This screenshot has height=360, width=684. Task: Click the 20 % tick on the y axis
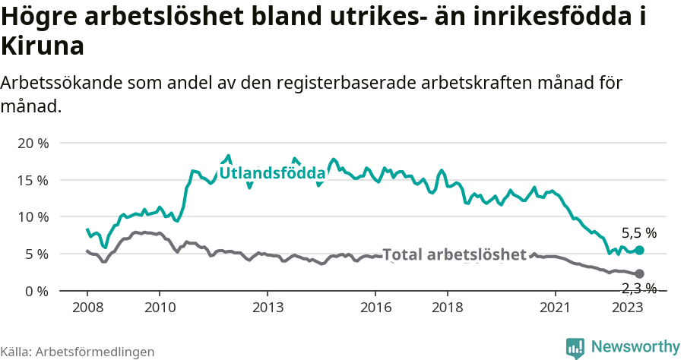[32, 144]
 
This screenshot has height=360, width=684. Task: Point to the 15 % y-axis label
[32, 180]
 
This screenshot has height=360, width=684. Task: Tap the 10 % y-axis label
[32, 217]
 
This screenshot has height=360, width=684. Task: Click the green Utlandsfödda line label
[272, 174]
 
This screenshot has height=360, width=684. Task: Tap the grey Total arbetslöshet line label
[454, 254]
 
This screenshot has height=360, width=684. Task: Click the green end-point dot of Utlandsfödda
[639, 250]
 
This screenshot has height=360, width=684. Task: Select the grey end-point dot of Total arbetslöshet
[639, 273]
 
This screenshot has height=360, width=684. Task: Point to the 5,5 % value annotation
[638, 233]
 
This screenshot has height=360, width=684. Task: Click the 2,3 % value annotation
[638, 288]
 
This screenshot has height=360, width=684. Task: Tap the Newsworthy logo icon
[575, 348]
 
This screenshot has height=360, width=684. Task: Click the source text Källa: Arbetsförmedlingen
[78, 352]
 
